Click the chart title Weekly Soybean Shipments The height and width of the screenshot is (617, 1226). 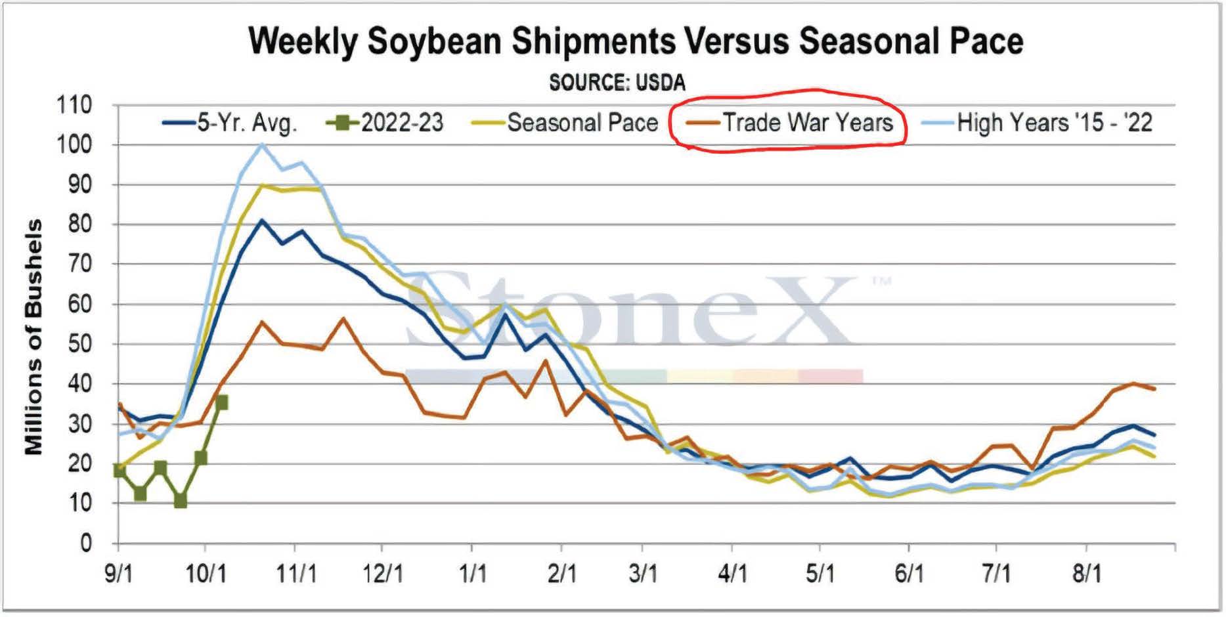click(636, 41)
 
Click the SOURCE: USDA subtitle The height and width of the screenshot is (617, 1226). click(617, 83)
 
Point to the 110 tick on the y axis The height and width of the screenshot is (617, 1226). click(74, 105)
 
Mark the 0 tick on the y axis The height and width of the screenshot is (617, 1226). click(86, 543)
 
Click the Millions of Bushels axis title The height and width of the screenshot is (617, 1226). click(33, 337)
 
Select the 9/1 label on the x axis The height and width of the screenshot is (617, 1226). click(119, 574)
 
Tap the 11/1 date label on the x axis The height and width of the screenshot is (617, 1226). click(296, 574)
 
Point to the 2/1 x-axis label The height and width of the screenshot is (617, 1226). click(561, 574)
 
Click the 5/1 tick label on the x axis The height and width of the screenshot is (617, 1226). click(820, 574)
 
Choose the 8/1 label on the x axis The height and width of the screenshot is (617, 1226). click(1087, 574)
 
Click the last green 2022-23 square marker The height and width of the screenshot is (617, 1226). click(222, 402)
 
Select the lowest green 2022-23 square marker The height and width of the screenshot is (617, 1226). click(180, 501)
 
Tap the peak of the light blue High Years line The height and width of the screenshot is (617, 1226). click(262, 144)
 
